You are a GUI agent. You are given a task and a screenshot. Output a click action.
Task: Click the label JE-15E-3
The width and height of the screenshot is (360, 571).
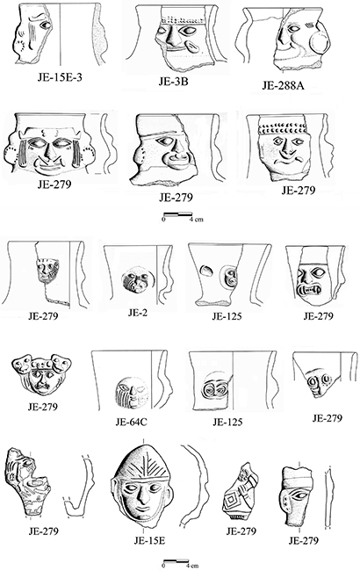click(x=60, y=76)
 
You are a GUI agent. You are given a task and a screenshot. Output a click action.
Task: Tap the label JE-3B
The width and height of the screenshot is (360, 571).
click(x=173, y=81)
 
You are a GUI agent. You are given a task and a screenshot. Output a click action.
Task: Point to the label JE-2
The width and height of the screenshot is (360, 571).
click(x=138, y=313)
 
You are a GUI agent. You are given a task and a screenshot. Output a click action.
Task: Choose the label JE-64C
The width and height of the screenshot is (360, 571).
click(x=132, y=422)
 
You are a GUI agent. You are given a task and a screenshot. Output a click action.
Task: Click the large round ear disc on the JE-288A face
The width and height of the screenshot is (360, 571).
click(x=320, y=43)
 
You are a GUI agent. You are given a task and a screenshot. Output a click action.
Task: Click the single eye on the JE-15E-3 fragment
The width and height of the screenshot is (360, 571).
click(x=47, y=25)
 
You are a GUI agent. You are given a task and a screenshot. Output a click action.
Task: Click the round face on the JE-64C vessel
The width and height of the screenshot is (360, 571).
click(x=132, y=392)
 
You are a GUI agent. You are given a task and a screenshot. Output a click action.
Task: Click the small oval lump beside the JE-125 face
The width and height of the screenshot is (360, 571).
click(x=206, y=270)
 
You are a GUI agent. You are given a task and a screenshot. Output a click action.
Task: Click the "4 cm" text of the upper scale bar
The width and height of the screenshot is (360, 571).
click(x=197, y=220)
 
